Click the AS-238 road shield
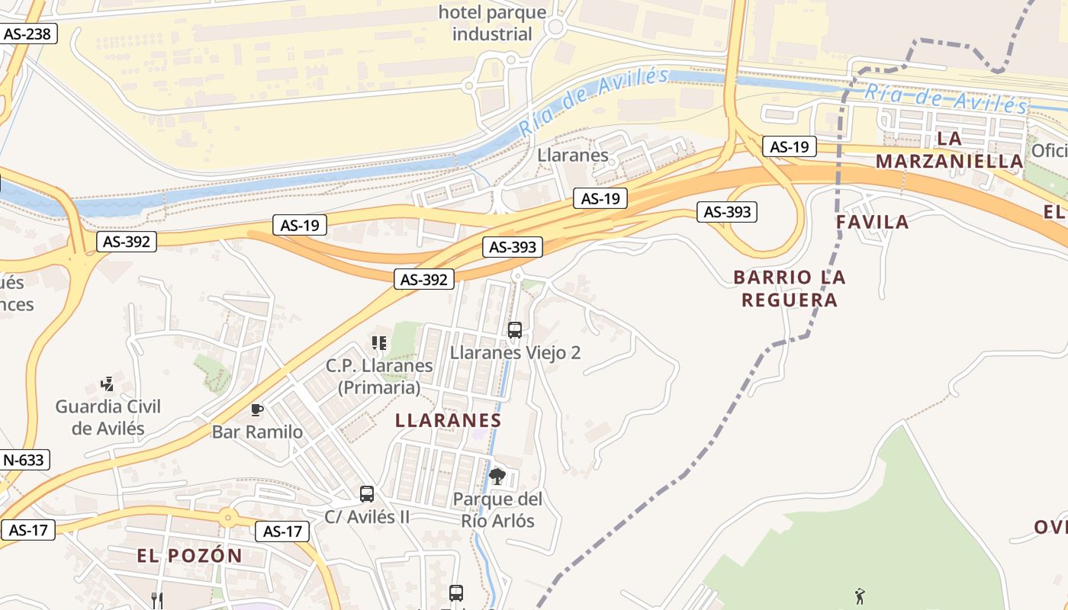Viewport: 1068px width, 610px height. [30, 34]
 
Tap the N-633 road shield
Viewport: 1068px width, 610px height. [24, 460]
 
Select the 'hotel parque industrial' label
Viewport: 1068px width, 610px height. [492, 24]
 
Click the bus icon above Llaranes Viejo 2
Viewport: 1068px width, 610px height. [515, 330]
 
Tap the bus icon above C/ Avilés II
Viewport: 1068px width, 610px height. [367, 494]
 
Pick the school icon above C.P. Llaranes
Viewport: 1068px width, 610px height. [379, 344]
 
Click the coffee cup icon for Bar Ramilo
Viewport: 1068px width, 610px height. [257, 410]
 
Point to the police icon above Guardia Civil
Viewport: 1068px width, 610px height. [108, 384]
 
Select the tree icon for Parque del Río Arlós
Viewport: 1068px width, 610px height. [497, 477]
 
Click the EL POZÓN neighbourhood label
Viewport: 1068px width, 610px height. [190, 556]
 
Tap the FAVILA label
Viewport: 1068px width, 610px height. [873, 222]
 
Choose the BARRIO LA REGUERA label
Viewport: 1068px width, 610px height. [790, 288]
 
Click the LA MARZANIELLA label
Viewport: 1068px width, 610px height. [950, 150]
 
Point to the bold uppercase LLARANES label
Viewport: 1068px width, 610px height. [449, 420]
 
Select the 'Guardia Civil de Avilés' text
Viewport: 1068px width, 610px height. [108, 417]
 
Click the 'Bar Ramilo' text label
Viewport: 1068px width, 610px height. [257, 432]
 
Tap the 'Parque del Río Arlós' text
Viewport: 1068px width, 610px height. [497, 510]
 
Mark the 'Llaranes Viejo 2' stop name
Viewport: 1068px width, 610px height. [515, 352]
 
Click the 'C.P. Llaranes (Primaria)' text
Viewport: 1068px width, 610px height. [379, 377]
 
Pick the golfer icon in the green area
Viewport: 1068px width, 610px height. [861, 596]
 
